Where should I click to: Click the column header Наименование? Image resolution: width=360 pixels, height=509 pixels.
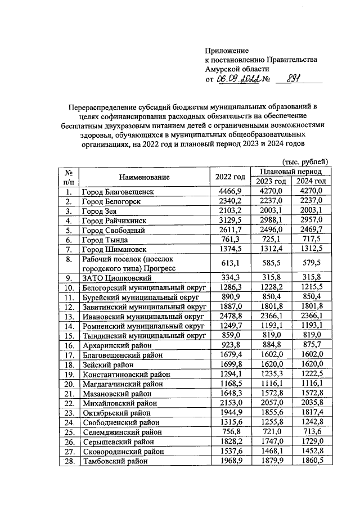(x=144, y=177)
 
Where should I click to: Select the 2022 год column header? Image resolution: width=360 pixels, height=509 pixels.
(x=229, y=177)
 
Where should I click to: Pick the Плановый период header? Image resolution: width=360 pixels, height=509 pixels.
(x=291, y=171)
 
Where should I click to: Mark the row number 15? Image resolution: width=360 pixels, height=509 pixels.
(x=67, y=335)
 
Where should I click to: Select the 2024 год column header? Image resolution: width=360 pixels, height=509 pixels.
(x=311, y=182)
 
